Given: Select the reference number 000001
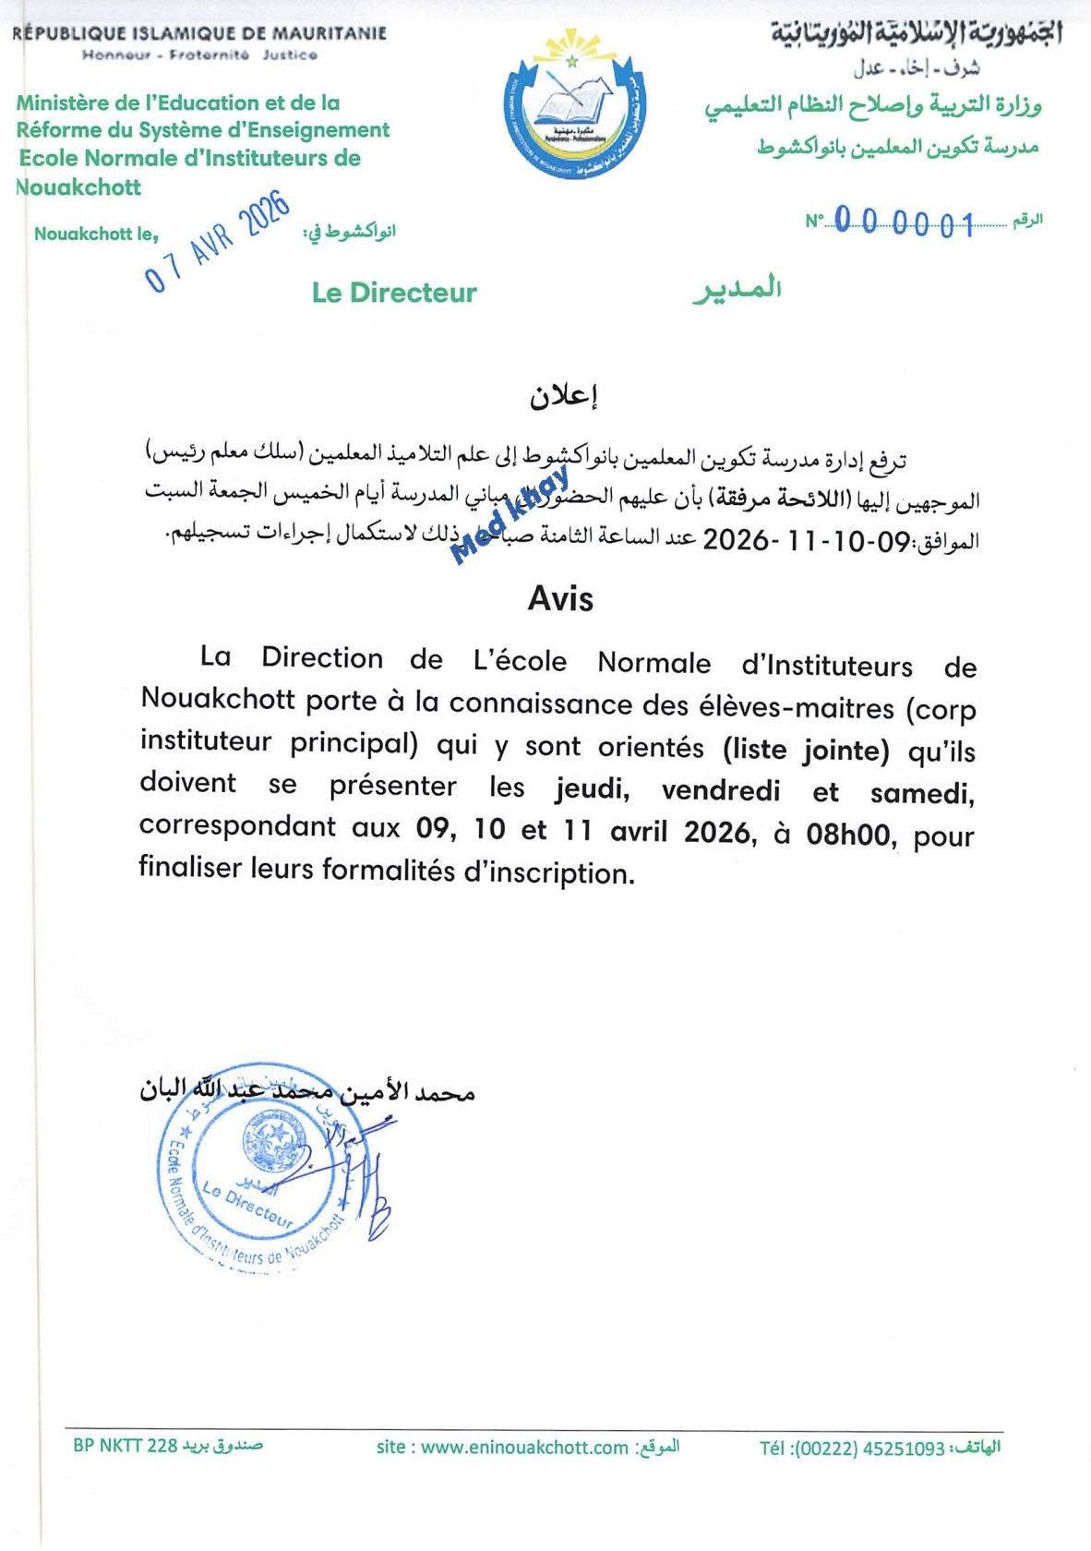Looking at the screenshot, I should pyautogui.click(x=905, y=223).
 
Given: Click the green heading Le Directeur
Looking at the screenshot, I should pyautogui.click(x=394, y=293).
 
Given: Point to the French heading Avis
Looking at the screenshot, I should pyautogui.click(x=560, y=599).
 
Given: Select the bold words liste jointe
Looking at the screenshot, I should pyautogui.click(x=807, y=750).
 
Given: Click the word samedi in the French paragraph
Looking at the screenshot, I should pyautogui.click(x=921, y=792).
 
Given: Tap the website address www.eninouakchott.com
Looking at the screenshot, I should pyautogui.click(x=523, y=1447).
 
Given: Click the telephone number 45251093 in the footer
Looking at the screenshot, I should pyautogui.click(x=904, y=1449).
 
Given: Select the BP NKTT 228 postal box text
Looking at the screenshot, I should pyautogui.click(x=125, y=1445).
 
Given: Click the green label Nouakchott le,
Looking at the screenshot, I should pyautogui.click(x=96, y=234).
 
